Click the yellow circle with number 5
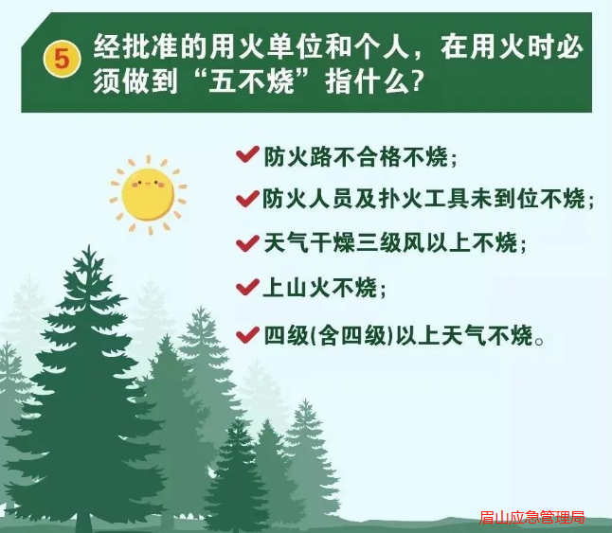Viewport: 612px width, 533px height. point(63,59)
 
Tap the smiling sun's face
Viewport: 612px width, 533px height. point(148,195)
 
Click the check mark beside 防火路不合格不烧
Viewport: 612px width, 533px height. point(247,155)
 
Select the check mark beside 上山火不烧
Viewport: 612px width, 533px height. point(247,288)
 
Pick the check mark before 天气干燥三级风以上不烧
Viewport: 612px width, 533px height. point(247,243)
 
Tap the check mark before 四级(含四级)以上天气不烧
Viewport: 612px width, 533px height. point(247,335)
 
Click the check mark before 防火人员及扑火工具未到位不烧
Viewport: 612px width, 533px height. point(247,199)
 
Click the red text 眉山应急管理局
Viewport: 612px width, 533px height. point(532,518)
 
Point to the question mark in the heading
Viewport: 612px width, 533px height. point(418,81)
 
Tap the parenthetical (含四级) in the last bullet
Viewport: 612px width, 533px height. point(352,335)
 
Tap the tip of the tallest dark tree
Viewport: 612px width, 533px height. point(89,245)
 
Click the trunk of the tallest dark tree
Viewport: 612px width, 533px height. point(84,521)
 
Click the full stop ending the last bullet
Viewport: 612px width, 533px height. point(539,341)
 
